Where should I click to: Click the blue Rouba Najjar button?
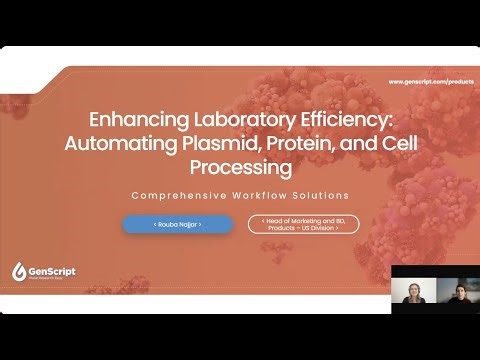(177, 225)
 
